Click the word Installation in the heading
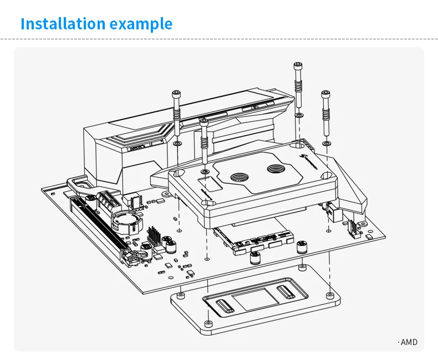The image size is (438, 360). tap(62, 24)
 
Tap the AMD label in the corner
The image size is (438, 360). tap(408, 342)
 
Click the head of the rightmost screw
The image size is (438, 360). tap(325, 94)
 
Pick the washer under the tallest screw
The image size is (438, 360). tap(298, 115)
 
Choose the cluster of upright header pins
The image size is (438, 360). tap(154, 236)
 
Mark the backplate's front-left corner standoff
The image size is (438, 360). tap(207, 322)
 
